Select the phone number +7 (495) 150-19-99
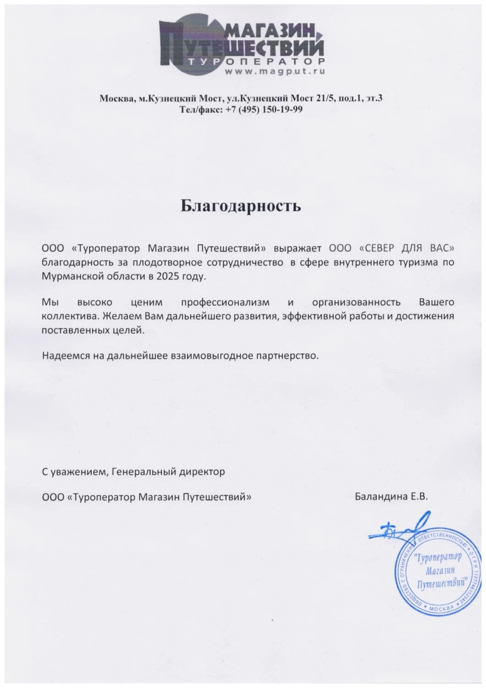click(x=265, y=110)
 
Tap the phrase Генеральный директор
click(x=168, y=472)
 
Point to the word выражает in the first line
click(x=299, y=249)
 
